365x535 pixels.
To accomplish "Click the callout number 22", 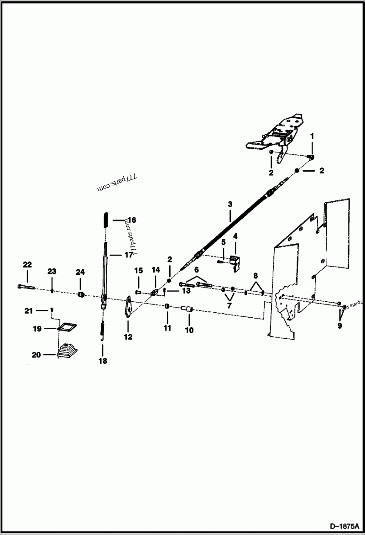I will point(27,264).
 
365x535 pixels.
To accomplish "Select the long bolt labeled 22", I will point(27,287).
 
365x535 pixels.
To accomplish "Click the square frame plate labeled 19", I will point(67,327).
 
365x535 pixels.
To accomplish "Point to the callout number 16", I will point(131,220).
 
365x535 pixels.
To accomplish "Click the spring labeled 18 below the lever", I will point(103,328).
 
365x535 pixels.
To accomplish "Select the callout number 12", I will point(128,337).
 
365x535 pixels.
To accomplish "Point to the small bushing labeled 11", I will point(167,305).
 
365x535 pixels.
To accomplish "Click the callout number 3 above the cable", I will point(230,204).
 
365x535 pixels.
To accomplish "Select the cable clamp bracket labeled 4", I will point(235,262).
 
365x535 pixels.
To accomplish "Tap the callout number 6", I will point(197,271).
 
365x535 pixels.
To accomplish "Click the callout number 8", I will point(255,276).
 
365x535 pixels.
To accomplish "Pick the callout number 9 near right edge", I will point(339,326).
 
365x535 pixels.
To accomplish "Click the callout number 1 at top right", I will point(312,136).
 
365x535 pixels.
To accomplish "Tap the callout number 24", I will point(80,272).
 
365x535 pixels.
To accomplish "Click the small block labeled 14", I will point(154,291).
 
